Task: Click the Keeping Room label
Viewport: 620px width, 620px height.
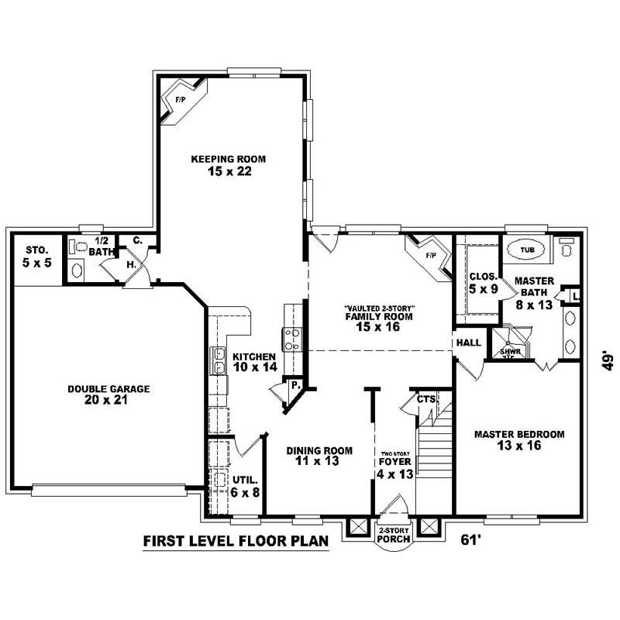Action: click(x=222, y=165)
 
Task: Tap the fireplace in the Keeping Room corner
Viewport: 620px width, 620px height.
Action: click(x=177, y=102)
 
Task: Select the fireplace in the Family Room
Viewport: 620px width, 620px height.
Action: click(x=429, y=255)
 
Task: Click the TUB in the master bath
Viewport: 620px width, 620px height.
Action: click(x=527, y=250)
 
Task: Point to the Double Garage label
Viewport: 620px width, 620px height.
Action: click(x=108, y=394)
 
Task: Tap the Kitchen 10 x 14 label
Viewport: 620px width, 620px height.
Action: click(x=254, y=362)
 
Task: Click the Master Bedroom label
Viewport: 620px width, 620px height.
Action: click(x=519, y=439)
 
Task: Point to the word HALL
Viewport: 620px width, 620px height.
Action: click(x=468, y=342)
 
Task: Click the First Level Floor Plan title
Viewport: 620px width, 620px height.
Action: click(x=236, y=540)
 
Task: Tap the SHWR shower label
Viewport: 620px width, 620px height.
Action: click(x=508, y=350)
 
